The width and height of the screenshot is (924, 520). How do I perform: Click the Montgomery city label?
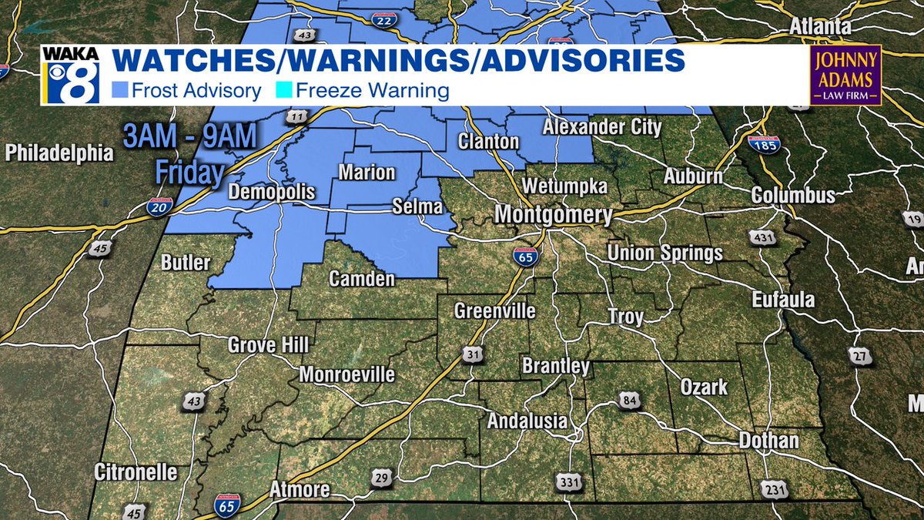pyautogui.click(x=553, y=214)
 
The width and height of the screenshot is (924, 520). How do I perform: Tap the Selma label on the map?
pyautogui.click(x=417, y=206)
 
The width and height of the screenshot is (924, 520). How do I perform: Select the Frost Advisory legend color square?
pyautogui.click(x=120, y=91)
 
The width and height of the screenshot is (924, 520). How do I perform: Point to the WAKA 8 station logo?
pyautogui.click(x=70, y=75)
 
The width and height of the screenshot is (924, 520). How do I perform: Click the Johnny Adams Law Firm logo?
pyautogui.click(x=845, y=75)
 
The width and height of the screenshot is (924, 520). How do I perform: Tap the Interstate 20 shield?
pyautogui.click(x=159, y=206)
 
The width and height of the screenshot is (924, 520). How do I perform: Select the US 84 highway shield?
pyautogui.click(x=628, y=399)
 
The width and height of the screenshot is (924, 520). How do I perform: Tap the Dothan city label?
pyautogui.click(x=768, y=441)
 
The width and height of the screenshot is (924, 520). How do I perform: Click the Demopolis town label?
pyautogui.click(x=272, y=191)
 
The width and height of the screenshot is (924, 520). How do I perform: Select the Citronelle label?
pyautogui.click(x=136, y=471)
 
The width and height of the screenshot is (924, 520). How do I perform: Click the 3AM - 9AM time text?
pyautogui.click(x=188, y=140)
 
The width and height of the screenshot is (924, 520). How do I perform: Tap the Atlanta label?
pyautogui.click(x=819, y=28)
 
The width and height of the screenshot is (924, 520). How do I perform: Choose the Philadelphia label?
pyautogui.click(x=59, y=153)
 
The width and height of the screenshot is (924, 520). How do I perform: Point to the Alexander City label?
pyautogui.click(x=601, y=127)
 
